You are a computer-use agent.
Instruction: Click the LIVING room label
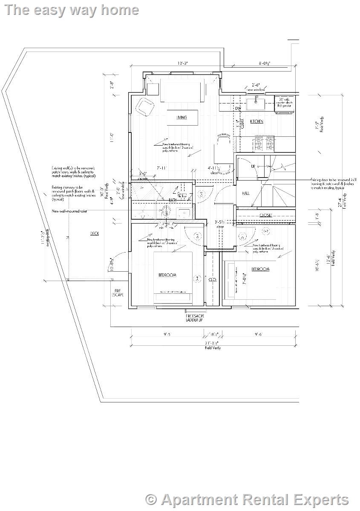tap(181, 117)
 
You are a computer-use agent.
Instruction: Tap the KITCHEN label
tap(256, 121)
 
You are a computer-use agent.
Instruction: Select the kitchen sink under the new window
tap(256, 103)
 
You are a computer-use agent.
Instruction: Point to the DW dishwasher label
tap(238, 109)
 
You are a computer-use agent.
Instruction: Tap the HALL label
tap(246, 193)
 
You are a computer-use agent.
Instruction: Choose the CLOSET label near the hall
tap(265, 215)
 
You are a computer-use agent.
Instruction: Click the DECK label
tap(95, 233)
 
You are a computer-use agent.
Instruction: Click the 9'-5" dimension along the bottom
tap(167, 334)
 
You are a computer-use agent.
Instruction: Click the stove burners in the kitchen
tap(264, 144)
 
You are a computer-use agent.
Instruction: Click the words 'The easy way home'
tap(72, 10)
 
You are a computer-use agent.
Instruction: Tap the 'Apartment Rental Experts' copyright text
tap(247, 500)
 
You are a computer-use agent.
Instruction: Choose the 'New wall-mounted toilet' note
tap(69, 211)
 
